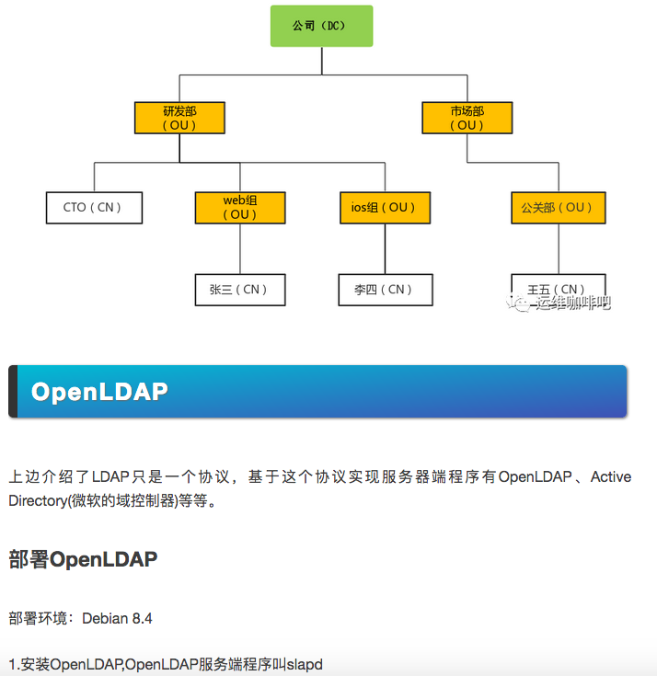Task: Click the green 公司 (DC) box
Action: click(x=321, y=26)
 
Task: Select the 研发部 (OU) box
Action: click(x=179, y=118)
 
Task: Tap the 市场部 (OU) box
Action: click(x=467, y=118)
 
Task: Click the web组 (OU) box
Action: click(x=240, y=207)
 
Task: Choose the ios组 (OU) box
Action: click(x=385, y=208)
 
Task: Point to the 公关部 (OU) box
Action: click(x=558, y=208)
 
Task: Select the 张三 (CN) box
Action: click(x=240, y=289)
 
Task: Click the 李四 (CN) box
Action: click(x=385, y=289)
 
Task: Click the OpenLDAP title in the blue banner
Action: click(x=99, y=392)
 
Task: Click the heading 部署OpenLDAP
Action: click(x=83, y=559)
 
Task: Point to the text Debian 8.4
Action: click(x=117, y=618)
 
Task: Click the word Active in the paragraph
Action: click(x=611, y=476)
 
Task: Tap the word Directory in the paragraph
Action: click(x=40, y=501)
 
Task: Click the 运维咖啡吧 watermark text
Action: click(x=573, y=303)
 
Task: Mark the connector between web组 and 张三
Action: click(x=240, y=248)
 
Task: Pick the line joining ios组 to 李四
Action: click(x=385, y=248)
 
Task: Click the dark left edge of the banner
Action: click(x=13, y=392)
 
